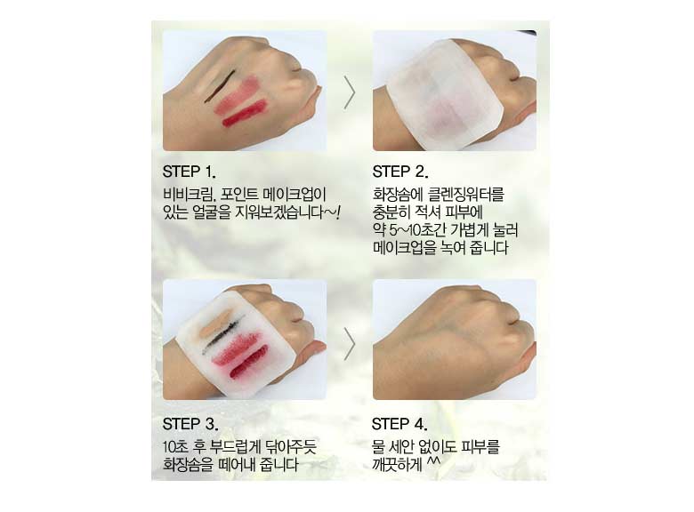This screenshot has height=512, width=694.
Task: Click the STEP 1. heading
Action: [189, 172]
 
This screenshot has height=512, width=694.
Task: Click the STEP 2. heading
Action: [400, 172]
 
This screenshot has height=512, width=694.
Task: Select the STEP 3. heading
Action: [190, 424]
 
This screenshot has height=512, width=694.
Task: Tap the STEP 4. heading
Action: [399, 424]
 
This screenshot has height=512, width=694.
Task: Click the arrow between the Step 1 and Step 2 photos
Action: [350, 92]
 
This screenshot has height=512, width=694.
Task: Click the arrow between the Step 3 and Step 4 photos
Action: [350, 344]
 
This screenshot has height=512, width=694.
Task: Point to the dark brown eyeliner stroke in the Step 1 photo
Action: [219, 85]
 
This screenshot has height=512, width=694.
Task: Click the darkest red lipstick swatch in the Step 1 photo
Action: [245, 114]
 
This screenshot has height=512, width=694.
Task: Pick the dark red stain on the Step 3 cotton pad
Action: [249, 363]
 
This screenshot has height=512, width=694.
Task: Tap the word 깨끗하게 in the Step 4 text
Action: [397, 465]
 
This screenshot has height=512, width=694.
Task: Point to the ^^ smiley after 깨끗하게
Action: [433, 461]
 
